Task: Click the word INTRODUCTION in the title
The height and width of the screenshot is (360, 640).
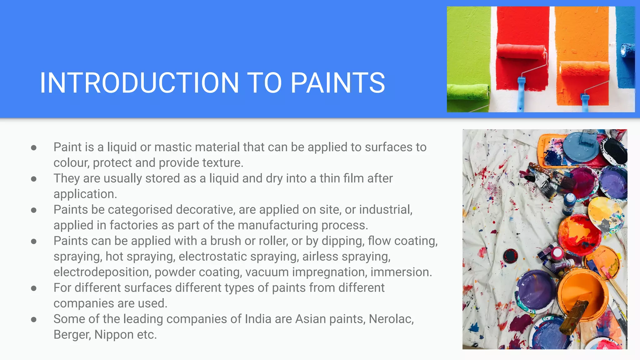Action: [139, 83]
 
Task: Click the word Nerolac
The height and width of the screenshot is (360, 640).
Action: [391, 319]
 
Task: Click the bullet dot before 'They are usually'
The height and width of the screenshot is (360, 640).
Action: [34, 179]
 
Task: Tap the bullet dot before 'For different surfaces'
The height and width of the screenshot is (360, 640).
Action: [34, 288]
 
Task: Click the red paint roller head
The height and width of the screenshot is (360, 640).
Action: [521, 52]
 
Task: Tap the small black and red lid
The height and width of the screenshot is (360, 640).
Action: [510, 256]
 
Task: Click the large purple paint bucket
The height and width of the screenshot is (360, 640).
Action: [535, 289]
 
